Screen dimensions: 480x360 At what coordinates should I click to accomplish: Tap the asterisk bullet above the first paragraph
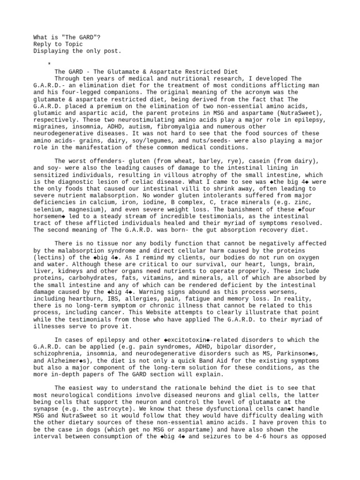[49, 64]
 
